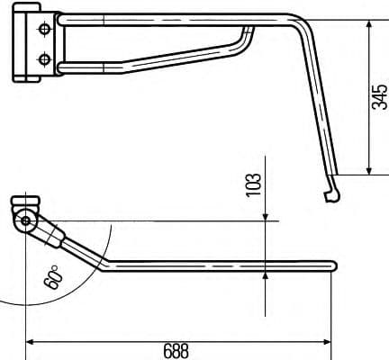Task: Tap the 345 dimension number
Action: pyautogui.click(x=378, y=96)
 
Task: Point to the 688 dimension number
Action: pyautogui.click(x=176, y=350)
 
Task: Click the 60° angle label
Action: pyautogui.click(x=53, y=276)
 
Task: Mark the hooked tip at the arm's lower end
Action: pyautogui.click(x=330, y=195)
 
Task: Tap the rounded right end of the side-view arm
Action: pyautogui.click(x=332, y=265)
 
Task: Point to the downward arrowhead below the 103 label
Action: pyautogui.click(x=267, y=214)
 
